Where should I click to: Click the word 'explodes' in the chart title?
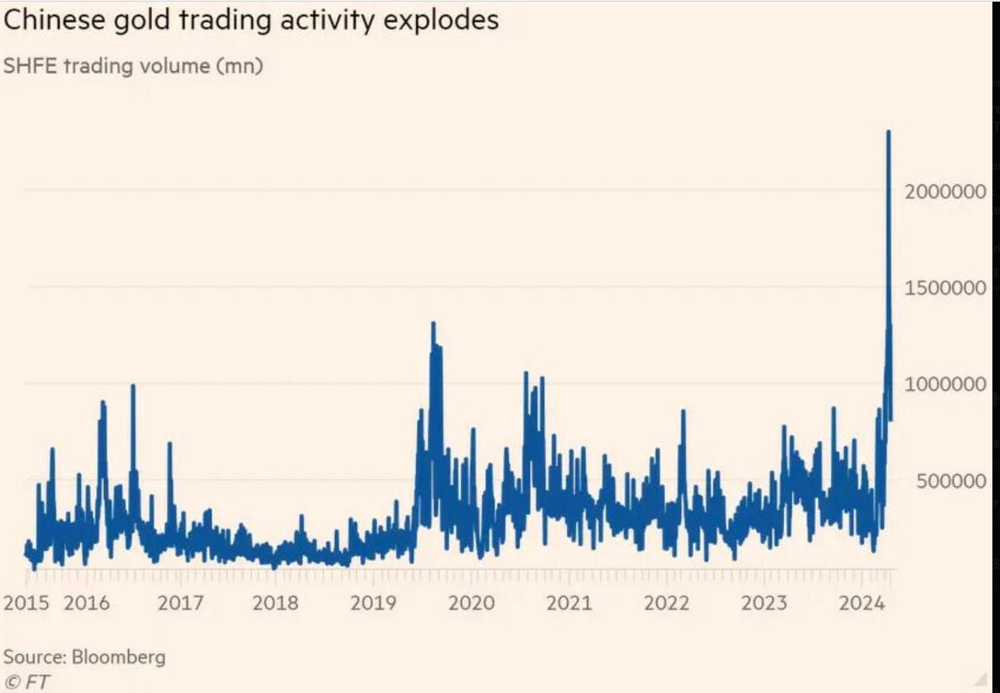[x=444, y=20]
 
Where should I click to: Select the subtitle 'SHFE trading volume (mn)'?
[x=133, y=67]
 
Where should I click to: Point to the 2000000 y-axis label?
[x=945, y=192]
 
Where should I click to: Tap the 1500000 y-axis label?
[x=945, y=288]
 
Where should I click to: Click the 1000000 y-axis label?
[x=945, y=384]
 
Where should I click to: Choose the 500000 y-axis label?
[x=950, y=481]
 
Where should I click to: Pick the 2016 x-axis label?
[x=87, y=603]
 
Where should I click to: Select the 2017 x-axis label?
[x=181, y=603]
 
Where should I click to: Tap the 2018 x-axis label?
[x=276, y=603]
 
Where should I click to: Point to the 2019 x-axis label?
[x=373, y=603]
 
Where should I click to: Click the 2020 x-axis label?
[x=471, y=603]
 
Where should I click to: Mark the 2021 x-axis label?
[x=569, y=603]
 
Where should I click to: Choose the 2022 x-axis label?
[x=667, y=603]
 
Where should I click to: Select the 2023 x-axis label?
[x=764, y=603]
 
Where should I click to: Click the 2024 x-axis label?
[x=861, y=603]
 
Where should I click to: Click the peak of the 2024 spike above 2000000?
[x=889, y=133]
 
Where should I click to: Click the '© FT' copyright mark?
[x=26, y=681]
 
